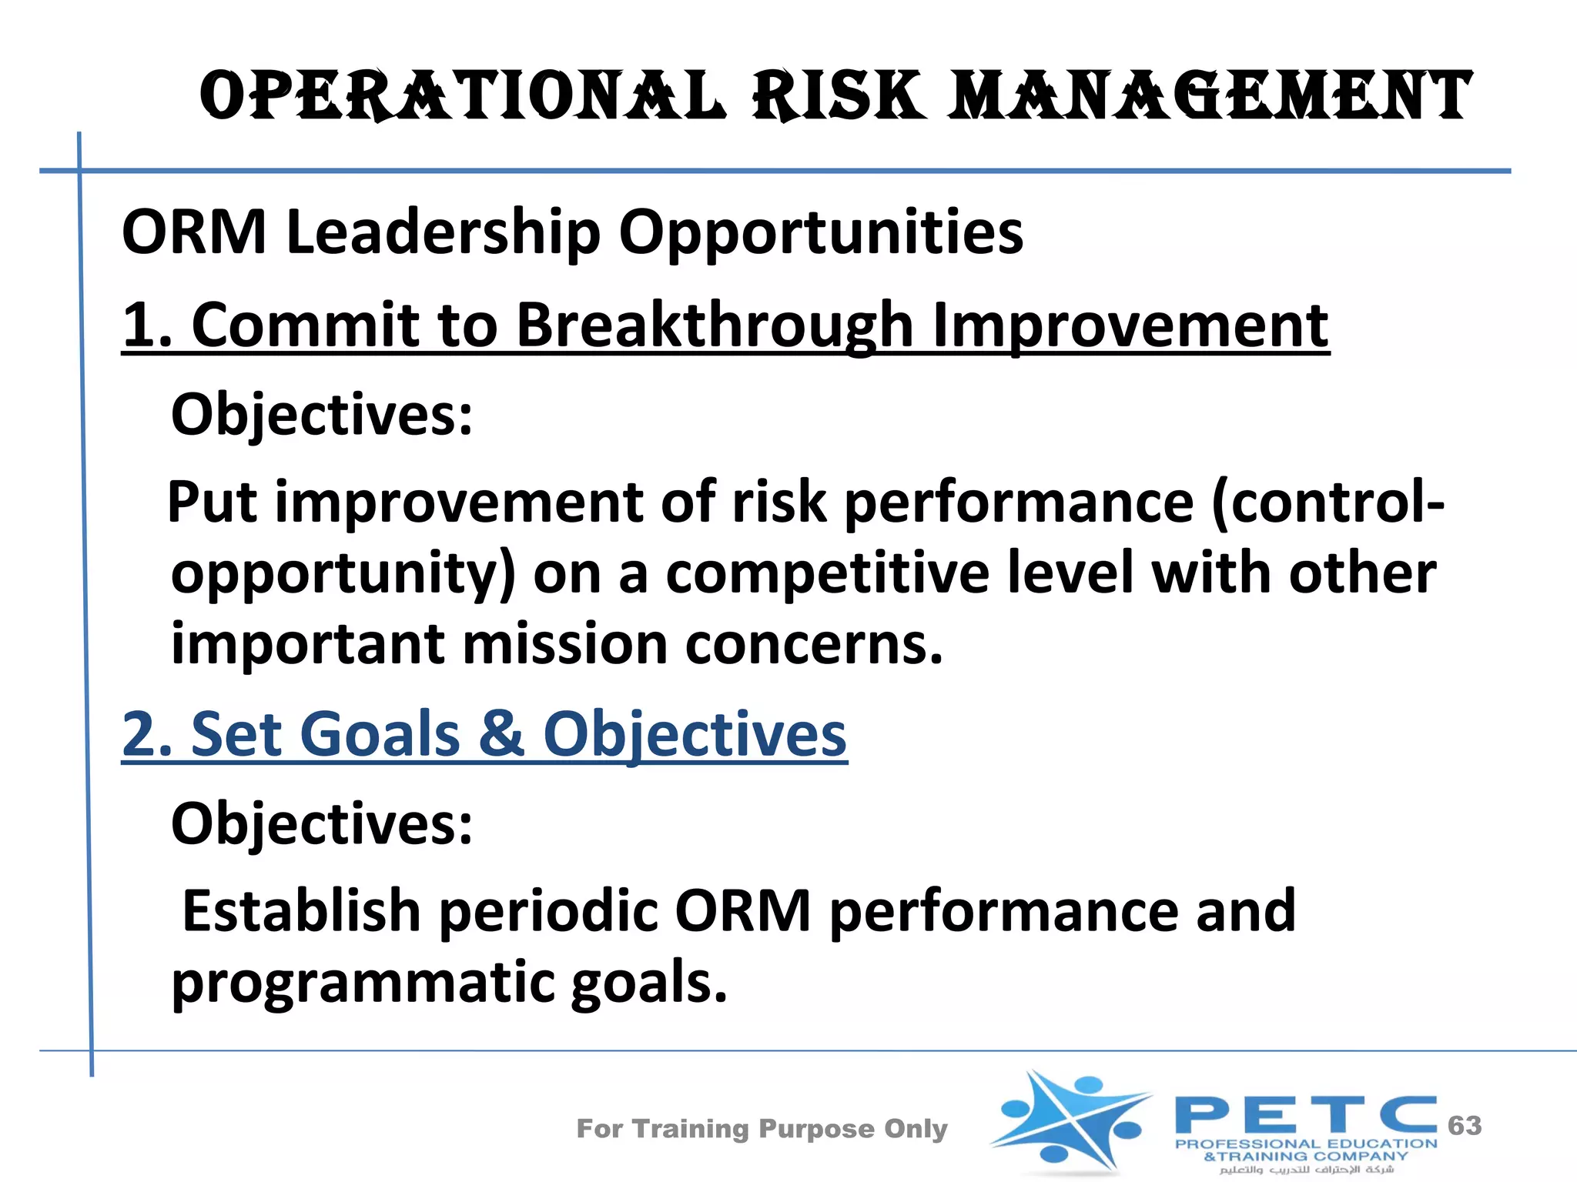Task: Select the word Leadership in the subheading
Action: [x=443, y=232]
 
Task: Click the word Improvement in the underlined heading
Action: [x=1130, y=325]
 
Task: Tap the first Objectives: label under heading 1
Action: [x=322, y=415]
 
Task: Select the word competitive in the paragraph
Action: [x=827, y=573]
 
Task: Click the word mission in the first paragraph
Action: [x=564, y=644]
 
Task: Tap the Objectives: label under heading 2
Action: [x=322, y=824]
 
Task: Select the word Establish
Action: [x=301, y=910]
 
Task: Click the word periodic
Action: [x=547, y=910]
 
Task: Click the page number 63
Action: [x=1465, y=1126]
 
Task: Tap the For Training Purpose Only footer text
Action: [x=762, y=1129]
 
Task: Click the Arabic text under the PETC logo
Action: [x=1306, y=1170]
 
